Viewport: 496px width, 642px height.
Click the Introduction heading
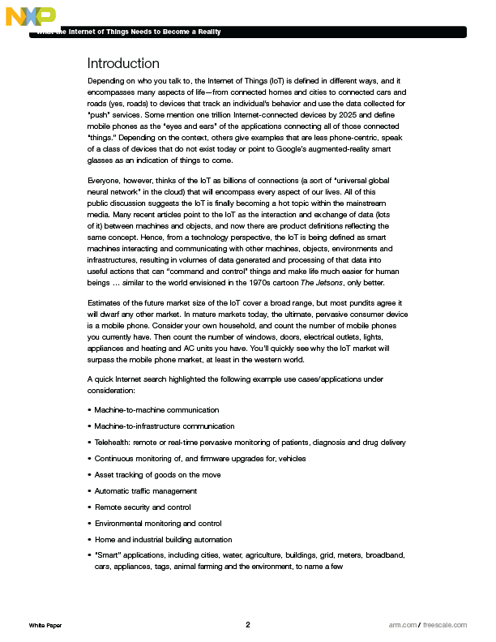click(123, 63)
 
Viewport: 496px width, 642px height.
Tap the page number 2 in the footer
click(248, 625)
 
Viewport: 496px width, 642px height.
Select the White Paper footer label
click(45, 626)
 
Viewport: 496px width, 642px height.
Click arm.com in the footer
click(402, 626)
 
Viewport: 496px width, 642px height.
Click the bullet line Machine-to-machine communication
click(156, 410)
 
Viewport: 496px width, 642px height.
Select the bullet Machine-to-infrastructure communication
click(165, 426)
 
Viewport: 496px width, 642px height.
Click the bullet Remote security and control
click(143, 507)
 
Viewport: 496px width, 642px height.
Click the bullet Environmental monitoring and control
click(158, 524)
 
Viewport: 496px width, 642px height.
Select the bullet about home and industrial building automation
click(163, 540)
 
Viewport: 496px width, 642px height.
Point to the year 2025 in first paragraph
click(332, 115)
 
